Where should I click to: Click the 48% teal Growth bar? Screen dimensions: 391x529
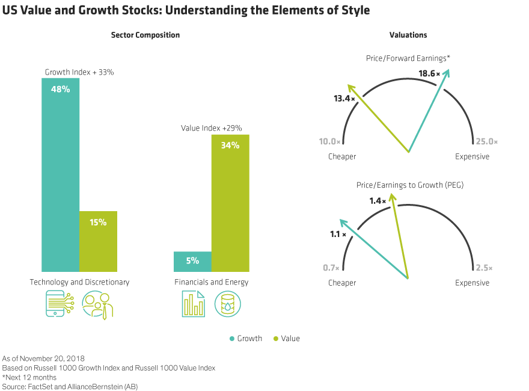60,174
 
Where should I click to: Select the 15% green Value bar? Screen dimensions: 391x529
98,241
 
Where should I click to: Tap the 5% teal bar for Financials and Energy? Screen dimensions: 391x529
192,262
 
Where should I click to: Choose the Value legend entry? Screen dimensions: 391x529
286,339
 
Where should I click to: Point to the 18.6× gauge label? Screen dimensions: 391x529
429,73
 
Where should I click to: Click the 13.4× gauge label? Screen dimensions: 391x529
344,98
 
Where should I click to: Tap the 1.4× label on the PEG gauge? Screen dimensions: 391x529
378,201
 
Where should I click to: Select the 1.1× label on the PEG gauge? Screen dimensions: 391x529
338,234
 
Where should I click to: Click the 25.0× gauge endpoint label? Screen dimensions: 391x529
487,142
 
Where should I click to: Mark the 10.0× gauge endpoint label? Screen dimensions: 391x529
330,142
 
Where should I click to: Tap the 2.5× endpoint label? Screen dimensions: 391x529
484,268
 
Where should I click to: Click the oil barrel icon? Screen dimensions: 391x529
228,304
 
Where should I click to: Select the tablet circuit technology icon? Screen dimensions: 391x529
60,304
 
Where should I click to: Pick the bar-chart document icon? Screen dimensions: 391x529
193,304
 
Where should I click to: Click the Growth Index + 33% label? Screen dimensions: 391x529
79,72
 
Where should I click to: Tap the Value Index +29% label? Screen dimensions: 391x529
211,128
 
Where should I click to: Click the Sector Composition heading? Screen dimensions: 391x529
145,35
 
